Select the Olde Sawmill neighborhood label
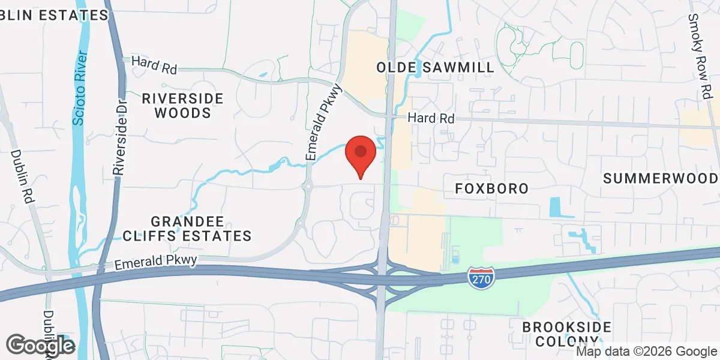coord(436,67)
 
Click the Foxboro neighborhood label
coord(492,188)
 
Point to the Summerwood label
coord(661,178)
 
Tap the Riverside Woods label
coord(182,105)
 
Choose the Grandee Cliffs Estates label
coord(201,227)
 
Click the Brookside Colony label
coord(566,334)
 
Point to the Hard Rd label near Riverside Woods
coord(154,64)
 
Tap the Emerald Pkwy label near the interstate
coord(156,262)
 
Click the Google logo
coord(40,345)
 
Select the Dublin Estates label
coord(53,15)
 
